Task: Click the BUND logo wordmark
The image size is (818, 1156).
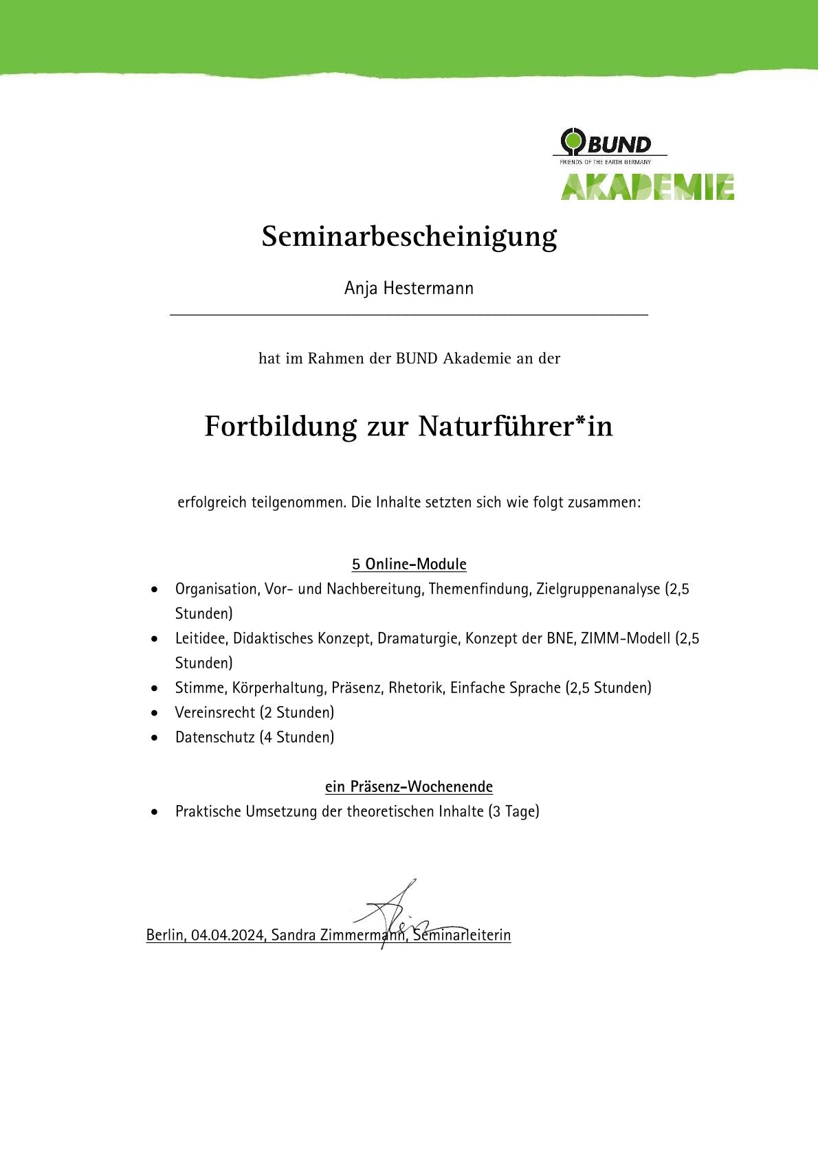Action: pos(617,144)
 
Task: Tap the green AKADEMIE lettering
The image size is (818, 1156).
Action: pos(647,187)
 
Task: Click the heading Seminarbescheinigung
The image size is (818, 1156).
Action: pos(409,237)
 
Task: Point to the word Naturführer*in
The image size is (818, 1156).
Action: pos(515,427)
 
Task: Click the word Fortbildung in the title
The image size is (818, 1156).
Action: pos(280,427)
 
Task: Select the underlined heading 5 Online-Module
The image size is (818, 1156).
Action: pos(409,565)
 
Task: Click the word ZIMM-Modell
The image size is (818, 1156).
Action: pos(626,639)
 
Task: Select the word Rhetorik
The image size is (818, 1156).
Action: pos(416,688)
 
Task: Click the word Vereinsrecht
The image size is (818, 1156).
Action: pos(215,713)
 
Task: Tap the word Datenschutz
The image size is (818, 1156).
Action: pos(215,738)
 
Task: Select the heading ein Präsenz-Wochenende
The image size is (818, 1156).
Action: pos(409,787)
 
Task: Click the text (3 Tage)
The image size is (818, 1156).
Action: pos(513,812)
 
